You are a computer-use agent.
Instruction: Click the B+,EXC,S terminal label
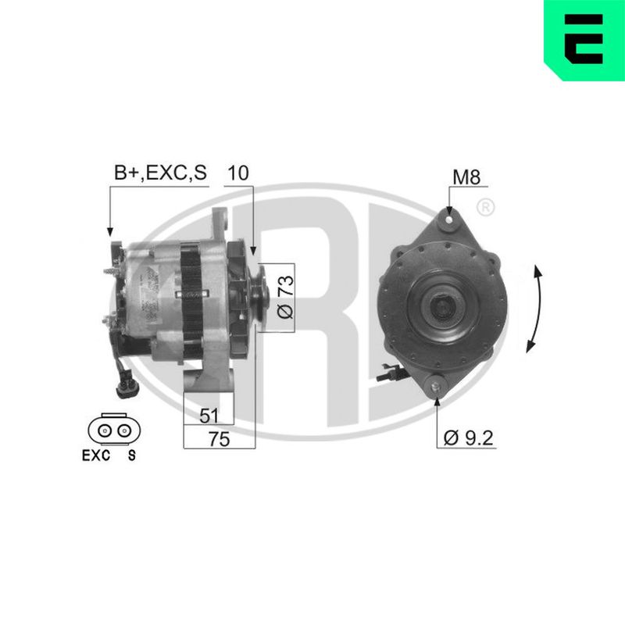pos(161,173)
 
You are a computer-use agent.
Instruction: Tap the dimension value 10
pos(238,173)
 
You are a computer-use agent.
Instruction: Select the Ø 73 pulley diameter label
pos(285,297)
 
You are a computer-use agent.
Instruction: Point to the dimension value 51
pos(209,416)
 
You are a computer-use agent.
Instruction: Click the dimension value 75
pos(220,439)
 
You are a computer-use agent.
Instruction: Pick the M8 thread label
pos(466,177)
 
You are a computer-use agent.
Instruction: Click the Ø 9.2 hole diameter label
pos(468,438)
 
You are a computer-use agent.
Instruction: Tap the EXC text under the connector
pos(96,455)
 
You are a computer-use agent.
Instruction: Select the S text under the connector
pos(131,455)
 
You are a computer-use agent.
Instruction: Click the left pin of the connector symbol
pos(105,430)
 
